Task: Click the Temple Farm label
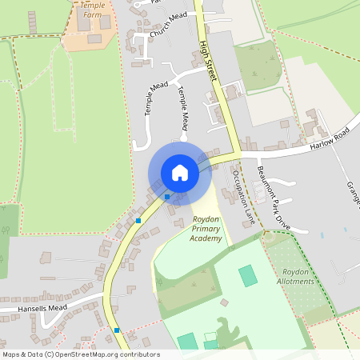(x=93, y=9)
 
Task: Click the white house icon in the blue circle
(x=180, y=173)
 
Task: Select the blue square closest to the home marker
(x=167, y=197)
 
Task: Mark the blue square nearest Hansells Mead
(x=117, y=330)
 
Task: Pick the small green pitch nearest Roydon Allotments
(x=249, y=276)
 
